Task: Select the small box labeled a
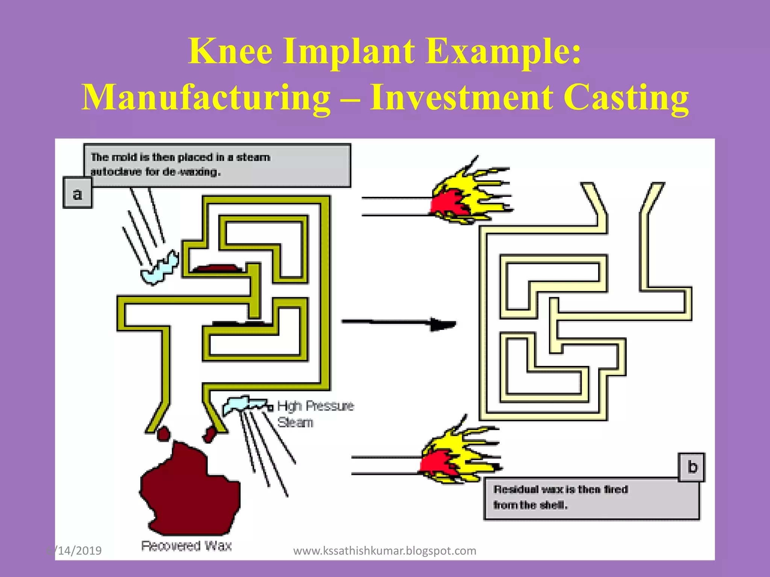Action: click(x=77, y=193)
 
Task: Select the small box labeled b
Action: click(x=692, y=467)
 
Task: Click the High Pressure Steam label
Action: click(x=315, y=414)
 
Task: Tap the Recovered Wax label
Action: click(x=186, y=545)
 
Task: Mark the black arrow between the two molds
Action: click(x=399, y=322)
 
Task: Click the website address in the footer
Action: click(x=385, y=551)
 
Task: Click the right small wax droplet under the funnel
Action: click(x=209, y=435)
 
